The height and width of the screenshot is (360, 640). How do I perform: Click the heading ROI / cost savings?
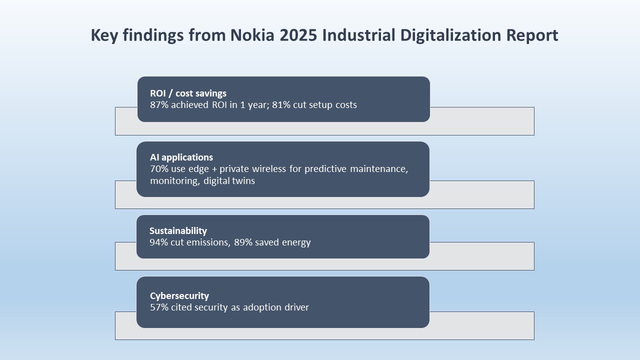coord(188,93)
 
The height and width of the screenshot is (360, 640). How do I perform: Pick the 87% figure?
coord(159,105)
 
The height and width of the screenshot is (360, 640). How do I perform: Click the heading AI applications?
coord(181,157)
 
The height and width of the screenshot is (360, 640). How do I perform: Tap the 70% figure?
coord(159,169)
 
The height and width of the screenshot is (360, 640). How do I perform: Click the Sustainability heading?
coord(178,230)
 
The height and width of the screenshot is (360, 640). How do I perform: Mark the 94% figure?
coord(159,242)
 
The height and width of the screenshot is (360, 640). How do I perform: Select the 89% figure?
coord(243,242)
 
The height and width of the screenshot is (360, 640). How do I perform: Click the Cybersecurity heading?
coord(179,295)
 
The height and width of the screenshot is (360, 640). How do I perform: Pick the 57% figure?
coord(159,307)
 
